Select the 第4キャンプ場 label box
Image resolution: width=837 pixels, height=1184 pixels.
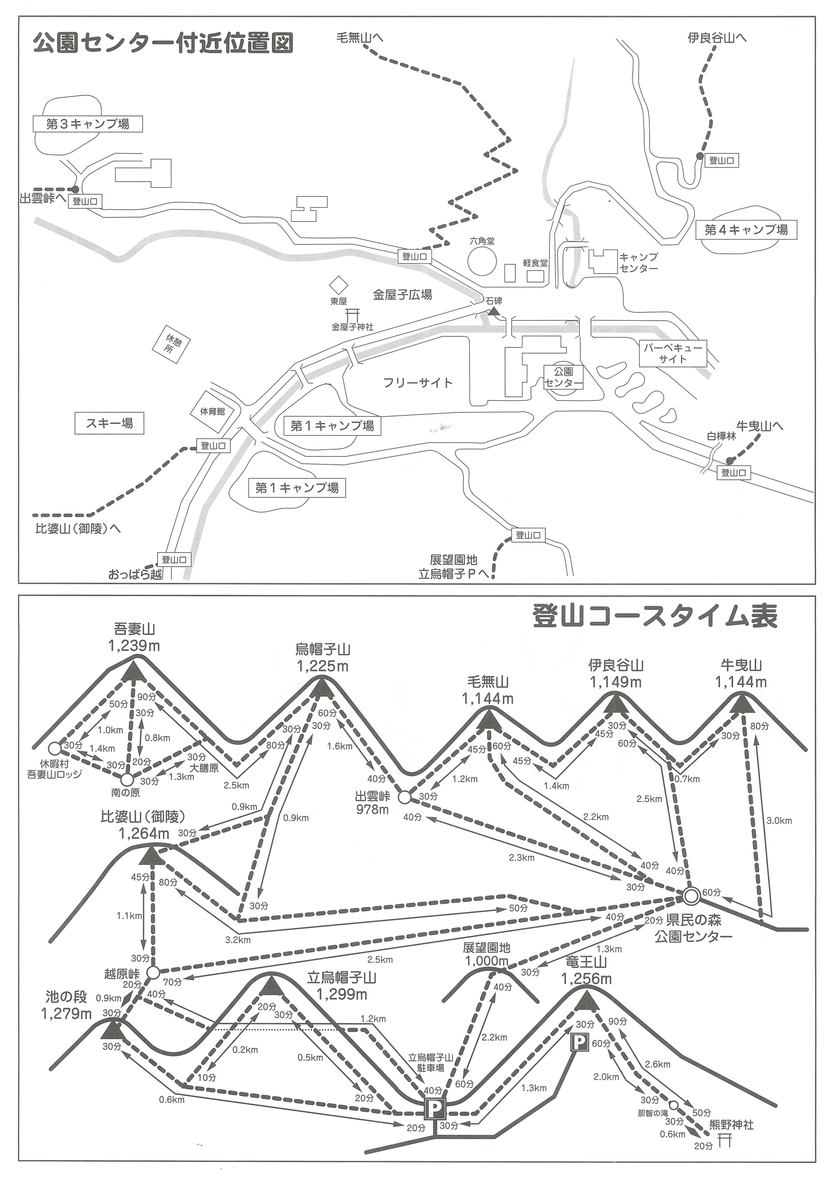pyautogui.click(x=746, y=230)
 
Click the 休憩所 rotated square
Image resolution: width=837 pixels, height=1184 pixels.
pyautogui.click(x=171, y=343)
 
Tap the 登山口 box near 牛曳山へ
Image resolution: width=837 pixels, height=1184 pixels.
pyautogui.click(x=733, y=472)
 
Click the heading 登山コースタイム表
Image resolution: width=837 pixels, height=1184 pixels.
pyautogui.click(x=655, y=617)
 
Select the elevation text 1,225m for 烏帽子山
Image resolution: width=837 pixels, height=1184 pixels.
pyautogui.click(x=322, y=666)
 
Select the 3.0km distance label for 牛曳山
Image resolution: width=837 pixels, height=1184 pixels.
pyautogui.click(x=779, y=821)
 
